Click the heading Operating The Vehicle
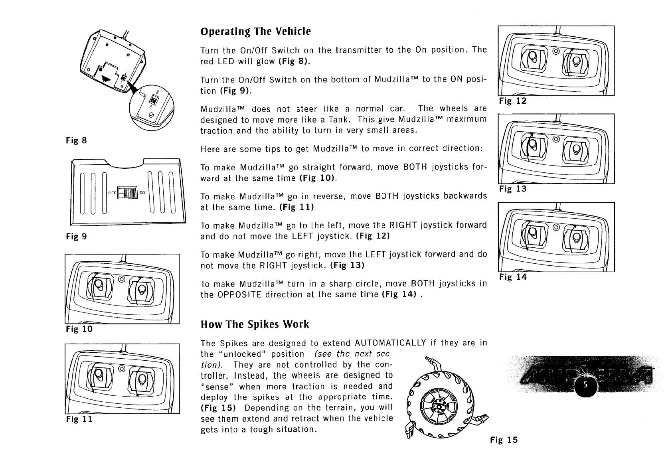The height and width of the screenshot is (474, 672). [x=255, y=32]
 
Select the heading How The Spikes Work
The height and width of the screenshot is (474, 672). [x=255, y=324]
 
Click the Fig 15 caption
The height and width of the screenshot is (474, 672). [x=504, y=440]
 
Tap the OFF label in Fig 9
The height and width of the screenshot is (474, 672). [x=112, y=193]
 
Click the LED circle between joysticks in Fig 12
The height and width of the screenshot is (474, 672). [x=555, y=51]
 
